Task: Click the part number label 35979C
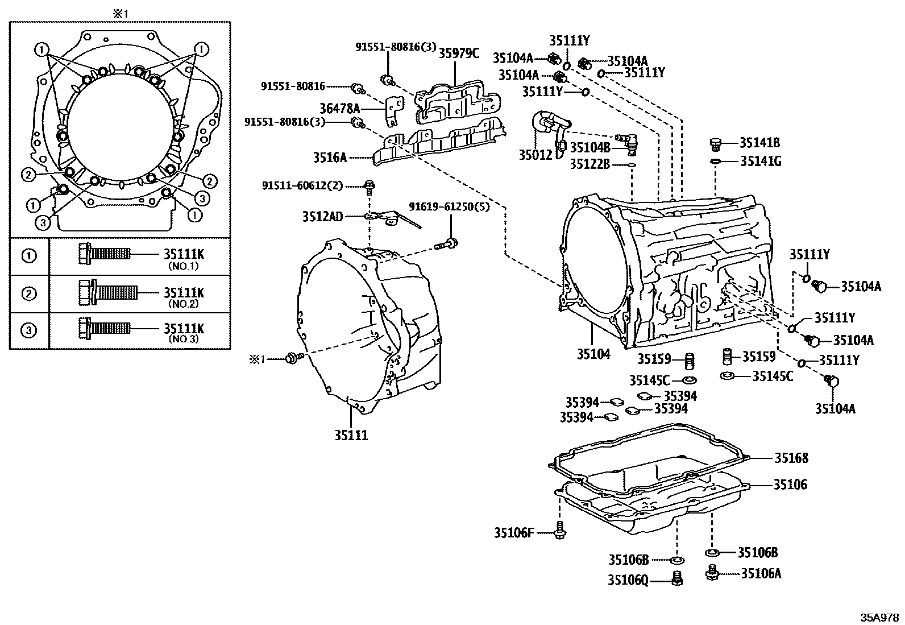pos(459,53)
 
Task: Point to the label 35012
pos(535,154)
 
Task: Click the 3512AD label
pos(322,217)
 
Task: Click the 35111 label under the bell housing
pos(351,436)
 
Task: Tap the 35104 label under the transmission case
pos(593,354)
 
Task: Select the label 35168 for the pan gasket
pos(791,458)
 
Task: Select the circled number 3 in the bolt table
pos(28,330)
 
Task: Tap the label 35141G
pos(760,162)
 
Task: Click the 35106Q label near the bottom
pos(627,580)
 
